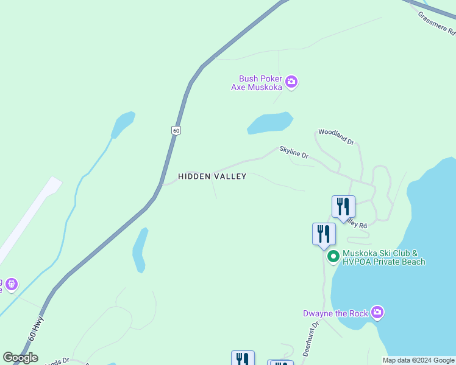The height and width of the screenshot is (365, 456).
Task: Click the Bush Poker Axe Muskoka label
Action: coord(260,83)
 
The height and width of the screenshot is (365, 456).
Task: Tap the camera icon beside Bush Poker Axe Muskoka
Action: coord(291,82)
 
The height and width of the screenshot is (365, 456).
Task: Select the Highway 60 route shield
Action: coord(176,130)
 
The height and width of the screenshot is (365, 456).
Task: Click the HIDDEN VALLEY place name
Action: coord(212,176)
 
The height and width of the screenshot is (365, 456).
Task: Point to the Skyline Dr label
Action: coord(294,152)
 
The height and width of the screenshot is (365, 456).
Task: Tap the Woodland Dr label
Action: coord(336,137)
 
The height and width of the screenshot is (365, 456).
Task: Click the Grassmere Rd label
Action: coord(437,24)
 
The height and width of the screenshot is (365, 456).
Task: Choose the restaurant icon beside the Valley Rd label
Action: coord(343,206)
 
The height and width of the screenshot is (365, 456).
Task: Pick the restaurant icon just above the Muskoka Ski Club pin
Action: coord(324,234)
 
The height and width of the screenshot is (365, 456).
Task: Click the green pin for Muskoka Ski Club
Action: coord(333,257)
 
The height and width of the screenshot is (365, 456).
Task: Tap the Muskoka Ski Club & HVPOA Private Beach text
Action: coord(383,257)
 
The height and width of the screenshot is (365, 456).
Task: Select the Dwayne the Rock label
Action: coord(335,313)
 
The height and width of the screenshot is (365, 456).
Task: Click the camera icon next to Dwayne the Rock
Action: coord(377,313)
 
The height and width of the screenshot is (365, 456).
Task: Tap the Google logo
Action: coord(20,358)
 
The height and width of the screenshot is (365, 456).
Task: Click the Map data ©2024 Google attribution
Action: coord(418,360)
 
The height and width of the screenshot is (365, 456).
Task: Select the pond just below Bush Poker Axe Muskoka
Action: coord(270,123)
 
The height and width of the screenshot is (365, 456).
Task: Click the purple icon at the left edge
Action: coord(10,284)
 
